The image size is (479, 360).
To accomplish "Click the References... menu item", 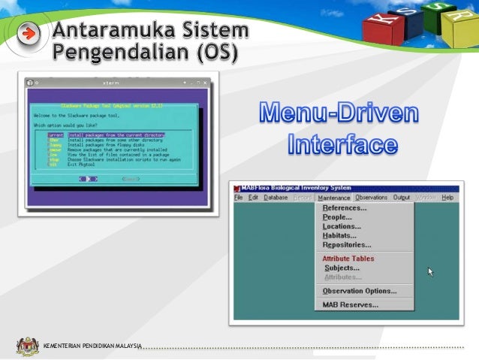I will pos(344,208).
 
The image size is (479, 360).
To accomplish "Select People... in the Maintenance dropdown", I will pos(337,217).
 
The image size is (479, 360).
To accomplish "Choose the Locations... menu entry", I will pos(342,226).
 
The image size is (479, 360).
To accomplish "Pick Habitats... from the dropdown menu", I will pos(340,235).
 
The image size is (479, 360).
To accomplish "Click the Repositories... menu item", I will pos(346,245).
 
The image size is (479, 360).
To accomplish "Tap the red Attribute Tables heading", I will pos(348,259).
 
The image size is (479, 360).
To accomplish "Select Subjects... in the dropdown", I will pos(342,268).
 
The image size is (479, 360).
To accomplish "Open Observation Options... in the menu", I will pos(359,291).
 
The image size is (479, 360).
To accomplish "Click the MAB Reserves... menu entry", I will pos(350,304).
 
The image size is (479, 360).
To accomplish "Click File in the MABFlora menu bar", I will pos(238,198).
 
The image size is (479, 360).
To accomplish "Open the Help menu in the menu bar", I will pos(447,198).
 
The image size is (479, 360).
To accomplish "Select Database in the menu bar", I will pos(276,198).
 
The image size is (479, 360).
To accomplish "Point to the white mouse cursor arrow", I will pos(431,271).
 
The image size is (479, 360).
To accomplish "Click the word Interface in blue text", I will pos(341,142).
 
